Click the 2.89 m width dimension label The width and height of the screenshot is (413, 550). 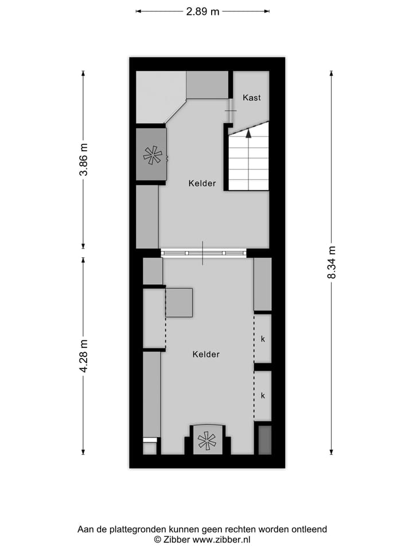pos(202,11)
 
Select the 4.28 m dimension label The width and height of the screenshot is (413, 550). pos(83,355)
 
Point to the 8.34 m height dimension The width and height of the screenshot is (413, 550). pos(332,262)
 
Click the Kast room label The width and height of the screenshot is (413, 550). pos(251,97)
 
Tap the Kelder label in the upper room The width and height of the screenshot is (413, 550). pos(202,183)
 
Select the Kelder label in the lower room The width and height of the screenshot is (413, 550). pos(206,354)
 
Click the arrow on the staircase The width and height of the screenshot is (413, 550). pos(248,133)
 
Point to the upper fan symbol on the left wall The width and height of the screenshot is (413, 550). pos(153,155)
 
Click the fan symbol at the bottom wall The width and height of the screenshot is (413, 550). pos(206,441)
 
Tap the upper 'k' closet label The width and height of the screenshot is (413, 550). pos(263,339)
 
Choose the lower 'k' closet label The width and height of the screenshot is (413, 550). pos(263,395)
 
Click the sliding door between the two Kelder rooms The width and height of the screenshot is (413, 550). pos(203,253)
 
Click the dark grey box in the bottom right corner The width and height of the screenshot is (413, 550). pos(264,440)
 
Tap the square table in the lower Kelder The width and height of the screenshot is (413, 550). pos(179,302)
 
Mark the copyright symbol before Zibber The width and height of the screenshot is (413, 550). pos(157,539)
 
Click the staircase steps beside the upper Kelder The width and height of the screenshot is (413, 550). pos(248,166)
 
